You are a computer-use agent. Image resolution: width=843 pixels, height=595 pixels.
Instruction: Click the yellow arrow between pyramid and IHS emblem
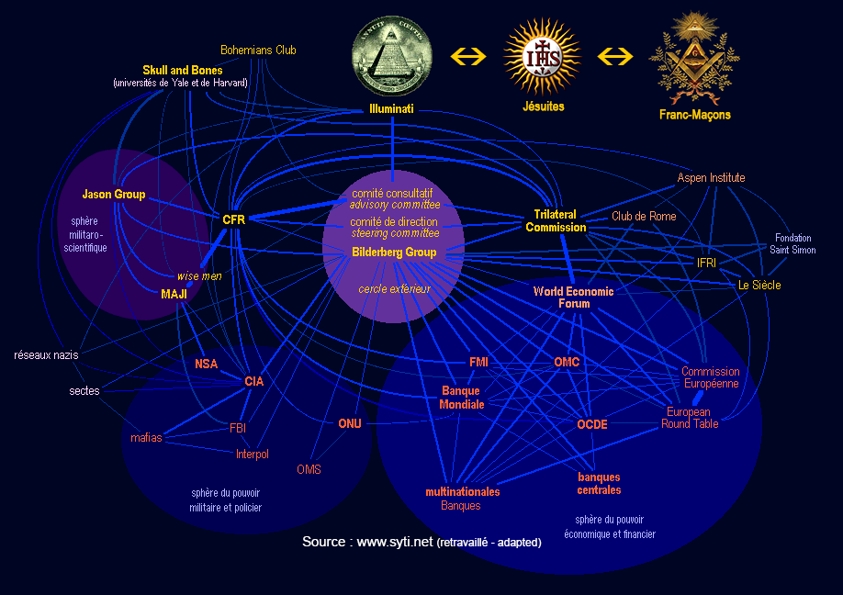pyautogui.click(x=467, y=56)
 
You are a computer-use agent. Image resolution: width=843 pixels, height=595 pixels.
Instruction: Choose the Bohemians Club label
pyautogui.click(x=258, y=51)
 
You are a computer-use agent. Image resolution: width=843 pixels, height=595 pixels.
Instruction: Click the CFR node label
pyautogui.click(x=233, y=219)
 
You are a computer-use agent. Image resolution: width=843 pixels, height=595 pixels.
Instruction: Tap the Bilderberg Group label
pyautogui.click(x=394, y=252)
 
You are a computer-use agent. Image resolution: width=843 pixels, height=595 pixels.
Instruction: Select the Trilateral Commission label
pyautogui.click(x=556, y=220)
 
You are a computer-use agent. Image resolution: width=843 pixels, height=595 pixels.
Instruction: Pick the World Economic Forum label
pyautogui.click(x=573, y=297)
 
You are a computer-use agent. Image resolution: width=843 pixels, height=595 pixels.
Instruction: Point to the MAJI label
pyautogui.click(x=174, y=294)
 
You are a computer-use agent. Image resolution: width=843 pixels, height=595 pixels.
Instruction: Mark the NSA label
pyautogui.click(x=207, y=364)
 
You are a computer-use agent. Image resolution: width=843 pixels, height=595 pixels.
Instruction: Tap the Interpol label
pyautogui.click(x=252, y=454)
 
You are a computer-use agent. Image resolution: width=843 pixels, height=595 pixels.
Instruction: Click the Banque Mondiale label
pyautogui.click(x=461, y=398)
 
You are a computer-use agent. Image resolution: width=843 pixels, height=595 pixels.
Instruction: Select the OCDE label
pyautogui.click(x=592, y=424)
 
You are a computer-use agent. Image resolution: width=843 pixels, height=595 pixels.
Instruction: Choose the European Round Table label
pyautogui.click(x=690, y=419)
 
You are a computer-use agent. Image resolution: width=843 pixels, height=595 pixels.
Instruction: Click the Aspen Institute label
pyautogui.click(x=711, y=177)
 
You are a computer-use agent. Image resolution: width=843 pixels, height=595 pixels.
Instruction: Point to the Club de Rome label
pyautogui.click(x=644, y=217)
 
